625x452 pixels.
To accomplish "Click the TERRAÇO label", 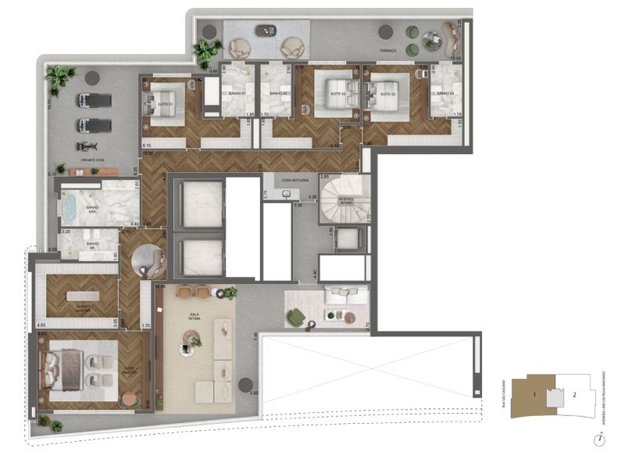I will pos(387,50).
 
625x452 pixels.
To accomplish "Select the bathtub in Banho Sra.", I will pos(70,209).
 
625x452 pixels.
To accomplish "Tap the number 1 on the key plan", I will pos(534,395).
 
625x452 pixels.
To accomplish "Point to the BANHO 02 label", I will pos(279,94).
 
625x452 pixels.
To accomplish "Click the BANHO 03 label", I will pos(445,94).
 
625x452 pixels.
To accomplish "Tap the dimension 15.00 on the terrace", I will pos(455,58).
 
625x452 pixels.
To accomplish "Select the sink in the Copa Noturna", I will pos(287,193).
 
